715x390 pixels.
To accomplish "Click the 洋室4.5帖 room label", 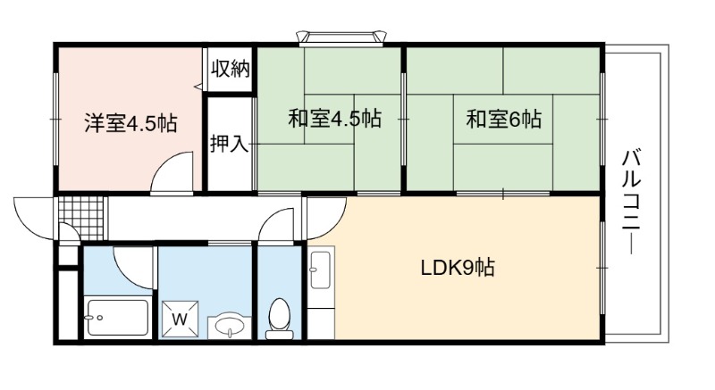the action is pos(130,123).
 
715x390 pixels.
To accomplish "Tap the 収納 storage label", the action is pos(231,69).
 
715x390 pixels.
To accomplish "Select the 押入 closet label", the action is pos(230,144).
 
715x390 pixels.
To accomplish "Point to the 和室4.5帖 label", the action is pos(334,119).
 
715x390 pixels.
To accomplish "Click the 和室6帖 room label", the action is pos(504,120).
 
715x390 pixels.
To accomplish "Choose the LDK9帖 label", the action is pos(458,268).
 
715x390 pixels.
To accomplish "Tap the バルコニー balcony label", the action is pos(632,202).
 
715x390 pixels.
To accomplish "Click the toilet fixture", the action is pos(280,319).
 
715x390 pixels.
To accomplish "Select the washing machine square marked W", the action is pos(181,319).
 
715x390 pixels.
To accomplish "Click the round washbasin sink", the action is pos(230,326).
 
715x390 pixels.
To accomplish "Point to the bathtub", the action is pos(118,317).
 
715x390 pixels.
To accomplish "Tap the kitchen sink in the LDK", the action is pos(320,270).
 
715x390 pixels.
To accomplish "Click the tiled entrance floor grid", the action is pos(82,218).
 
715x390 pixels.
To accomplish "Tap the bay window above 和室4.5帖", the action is pos(341,38).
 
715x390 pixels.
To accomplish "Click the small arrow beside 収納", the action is pos(198,86).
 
